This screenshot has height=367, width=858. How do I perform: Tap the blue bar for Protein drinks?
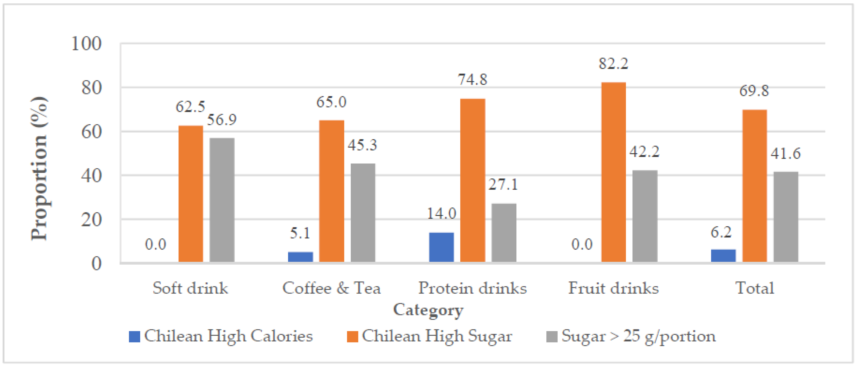pos(441,247)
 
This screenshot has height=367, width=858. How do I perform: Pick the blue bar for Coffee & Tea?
pos(300,257)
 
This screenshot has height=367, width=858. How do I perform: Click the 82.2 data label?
pos(613,64)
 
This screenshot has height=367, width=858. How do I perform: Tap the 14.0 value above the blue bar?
pos(441,213)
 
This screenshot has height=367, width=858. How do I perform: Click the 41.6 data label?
pos(785,154)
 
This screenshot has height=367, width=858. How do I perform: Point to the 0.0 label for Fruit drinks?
pos(582,244)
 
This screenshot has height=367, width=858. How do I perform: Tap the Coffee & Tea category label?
pos(331,288)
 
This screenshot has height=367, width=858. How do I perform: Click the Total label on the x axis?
pos(754,288)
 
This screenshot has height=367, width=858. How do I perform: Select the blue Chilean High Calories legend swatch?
pos(134,337)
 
